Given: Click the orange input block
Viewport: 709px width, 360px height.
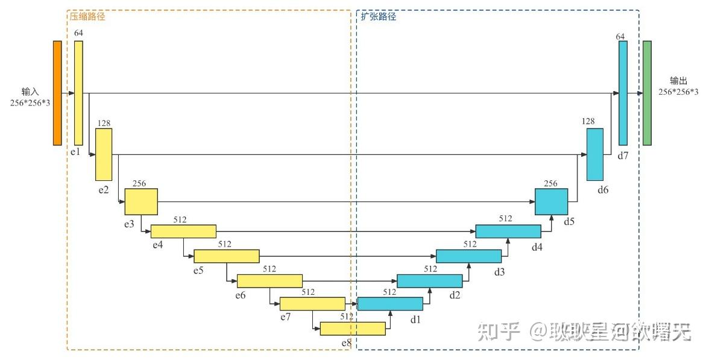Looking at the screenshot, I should [x=57, y=93].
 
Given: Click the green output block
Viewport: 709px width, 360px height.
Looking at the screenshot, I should [x=647, y=93].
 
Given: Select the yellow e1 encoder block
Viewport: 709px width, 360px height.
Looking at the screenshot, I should [x=78, y=93].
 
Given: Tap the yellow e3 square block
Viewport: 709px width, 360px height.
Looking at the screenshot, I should [x=141, y=201].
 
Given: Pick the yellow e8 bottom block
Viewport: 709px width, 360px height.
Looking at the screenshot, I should [x=353, y=329].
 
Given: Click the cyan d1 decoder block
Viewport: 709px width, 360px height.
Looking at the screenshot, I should [x=390, y=303].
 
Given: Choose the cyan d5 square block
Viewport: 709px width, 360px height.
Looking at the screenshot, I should [x=551, y=201].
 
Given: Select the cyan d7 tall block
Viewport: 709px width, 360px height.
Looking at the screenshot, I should [x=623, y=93].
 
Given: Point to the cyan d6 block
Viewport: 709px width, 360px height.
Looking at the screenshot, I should [x=595, y=154].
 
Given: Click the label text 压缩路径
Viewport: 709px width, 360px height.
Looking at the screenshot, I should [x=87, y=17].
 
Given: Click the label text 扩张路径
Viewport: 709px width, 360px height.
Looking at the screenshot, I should [x=379, y=17].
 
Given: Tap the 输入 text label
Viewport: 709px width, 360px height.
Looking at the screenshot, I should [x=30, y=92].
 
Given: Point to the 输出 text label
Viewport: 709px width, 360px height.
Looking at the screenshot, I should [x=678, y=81].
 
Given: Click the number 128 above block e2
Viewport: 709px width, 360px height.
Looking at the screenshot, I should [x=104, y=123].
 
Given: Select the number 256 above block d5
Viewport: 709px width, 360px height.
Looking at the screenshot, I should [x=550, y=183].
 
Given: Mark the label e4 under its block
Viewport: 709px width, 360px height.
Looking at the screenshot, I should [x=157, y=245].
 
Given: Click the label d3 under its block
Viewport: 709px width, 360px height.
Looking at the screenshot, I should [x=499, y=272].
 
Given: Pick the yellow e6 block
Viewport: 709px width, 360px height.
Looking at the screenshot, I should [x=269, y=280].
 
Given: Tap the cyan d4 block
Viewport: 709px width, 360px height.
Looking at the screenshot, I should [x=508, y=231].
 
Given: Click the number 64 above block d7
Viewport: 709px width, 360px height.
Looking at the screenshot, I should [x=620, y=37].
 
